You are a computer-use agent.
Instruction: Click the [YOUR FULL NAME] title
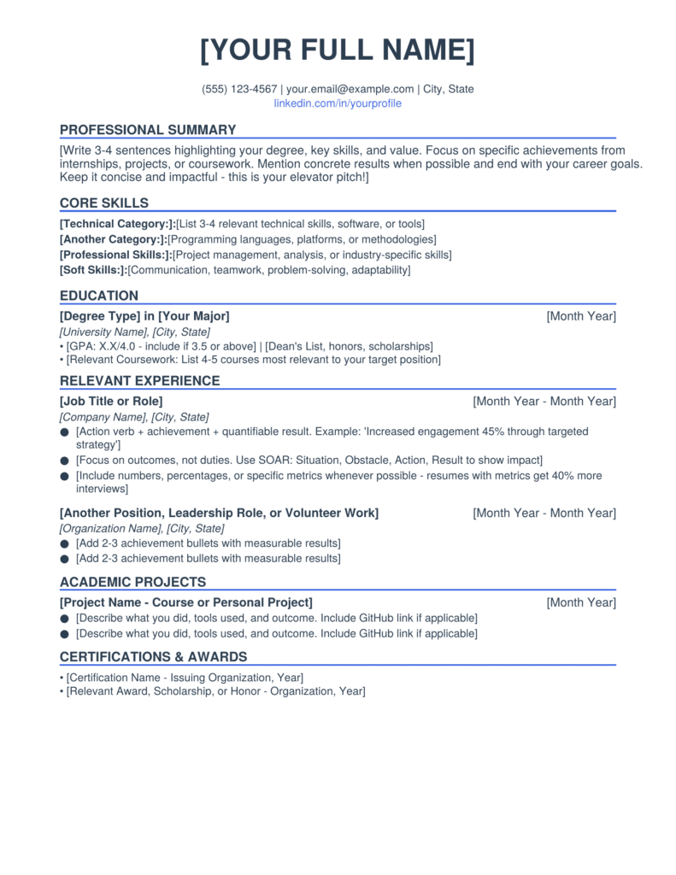click(x=338, y=50)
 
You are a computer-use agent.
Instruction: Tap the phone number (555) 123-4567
click(x=239, y=89)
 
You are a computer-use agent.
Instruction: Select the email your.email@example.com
click(x=350, y=89)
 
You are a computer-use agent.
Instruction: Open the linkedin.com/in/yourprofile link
click(x=338, y=103)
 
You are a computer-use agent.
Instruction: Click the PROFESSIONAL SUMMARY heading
click(x=148, y=130)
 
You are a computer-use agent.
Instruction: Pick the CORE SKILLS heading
click(x=104, y=203)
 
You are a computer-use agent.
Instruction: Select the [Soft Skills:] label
click(x=93, y=270)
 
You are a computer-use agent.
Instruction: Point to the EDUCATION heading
click(x=99, y=297)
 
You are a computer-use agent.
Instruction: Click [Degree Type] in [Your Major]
click(x=144, y=316)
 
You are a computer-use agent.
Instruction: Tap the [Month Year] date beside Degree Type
click(x=581, y=316)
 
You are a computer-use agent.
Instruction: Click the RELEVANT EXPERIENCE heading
click(x=140, y=381)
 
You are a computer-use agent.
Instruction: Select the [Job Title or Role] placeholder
click(x=111, y=401)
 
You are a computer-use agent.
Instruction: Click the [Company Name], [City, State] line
click(x=134, y=417)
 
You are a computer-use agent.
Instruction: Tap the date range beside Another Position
click(x=544, y=513)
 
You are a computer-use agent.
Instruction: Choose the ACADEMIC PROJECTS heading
click(x=132, y=583)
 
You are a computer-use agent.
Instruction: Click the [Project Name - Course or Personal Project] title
click(x=186, y=602)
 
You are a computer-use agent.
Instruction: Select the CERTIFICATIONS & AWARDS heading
click(x=153, y=657)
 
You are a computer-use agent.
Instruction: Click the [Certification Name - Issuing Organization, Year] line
click(x=185, y=678)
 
